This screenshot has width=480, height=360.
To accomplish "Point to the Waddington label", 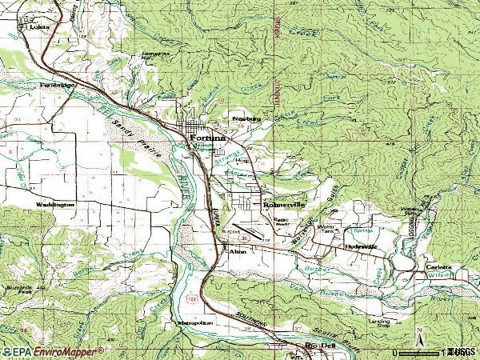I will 54,205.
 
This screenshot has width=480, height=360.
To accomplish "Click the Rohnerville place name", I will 284,205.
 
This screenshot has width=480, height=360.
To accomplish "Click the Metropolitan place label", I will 194,322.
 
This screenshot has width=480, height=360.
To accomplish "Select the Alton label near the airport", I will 238,252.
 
